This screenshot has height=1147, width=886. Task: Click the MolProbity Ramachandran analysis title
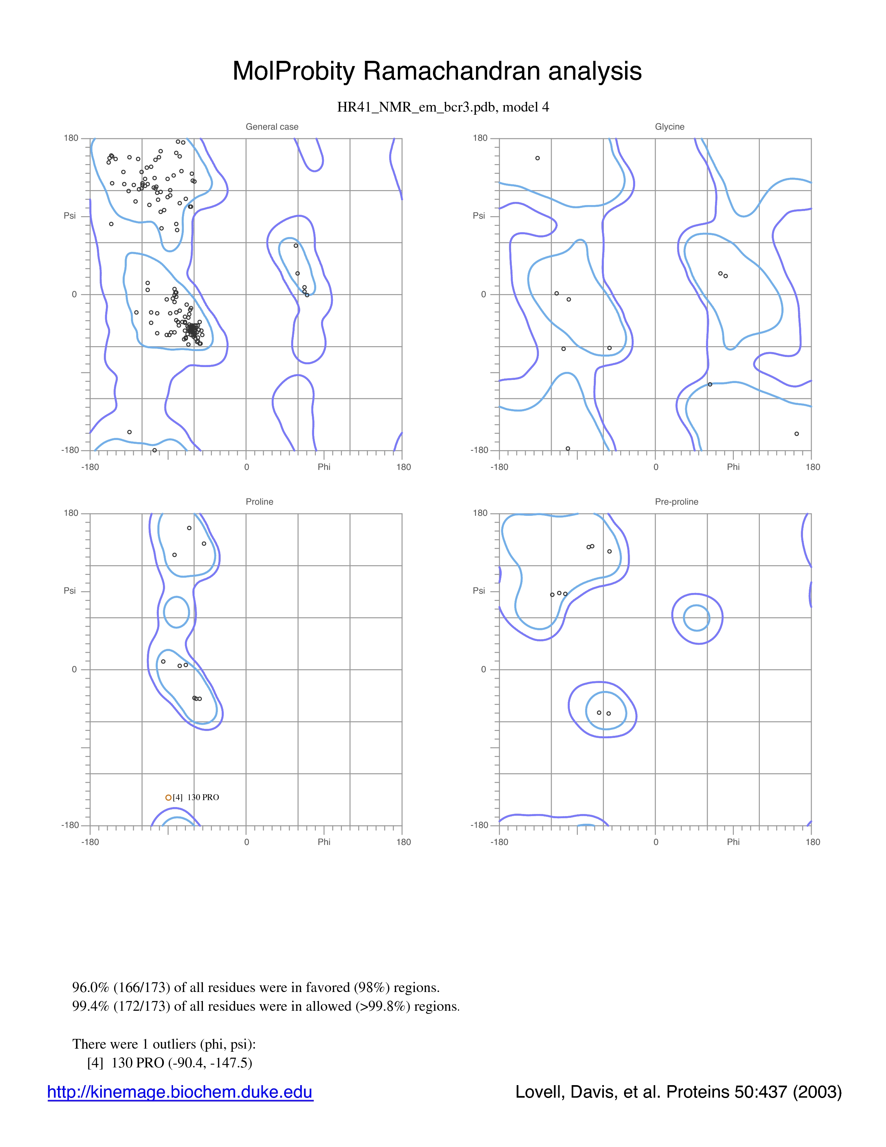(x=437, y=71)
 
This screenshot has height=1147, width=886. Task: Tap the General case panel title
(x=272, y=127)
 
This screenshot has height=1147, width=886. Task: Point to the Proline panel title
(x=259, y=502)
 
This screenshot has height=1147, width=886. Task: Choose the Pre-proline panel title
(x=676, y=502)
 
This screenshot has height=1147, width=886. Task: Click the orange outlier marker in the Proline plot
(x=168, y=797)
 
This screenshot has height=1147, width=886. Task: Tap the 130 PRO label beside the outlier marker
(x=203, y=797)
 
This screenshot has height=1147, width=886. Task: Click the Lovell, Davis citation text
(x=678, y=1092)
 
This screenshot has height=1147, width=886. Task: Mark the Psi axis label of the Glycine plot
(x=479, y=215)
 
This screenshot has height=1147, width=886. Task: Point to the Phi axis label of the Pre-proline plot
(x=733, y=842)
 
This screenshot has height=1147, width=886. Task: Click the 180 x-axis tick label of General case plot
(x=403, y=467)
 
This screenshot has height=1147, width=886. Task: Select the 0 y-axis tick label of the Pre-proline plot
(x=483, y=669)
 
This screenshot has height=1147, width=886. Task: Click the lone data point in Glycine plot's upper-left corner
(x=538, y=158)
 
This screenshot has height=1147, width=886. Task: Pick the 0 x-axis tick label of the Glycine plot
(x=656, y=467)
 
